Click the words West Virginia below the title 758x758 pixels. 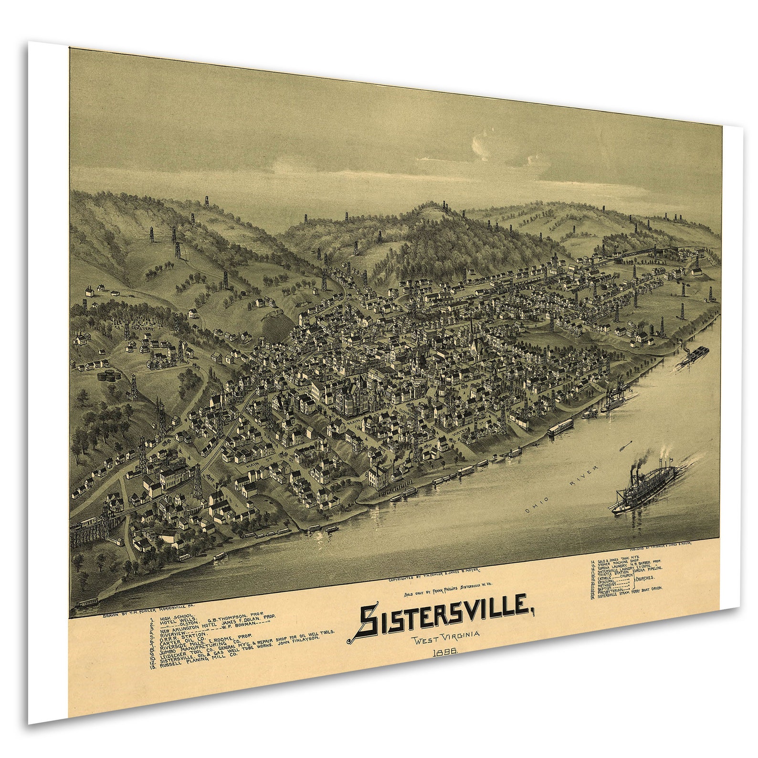(x=447, y=638)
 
